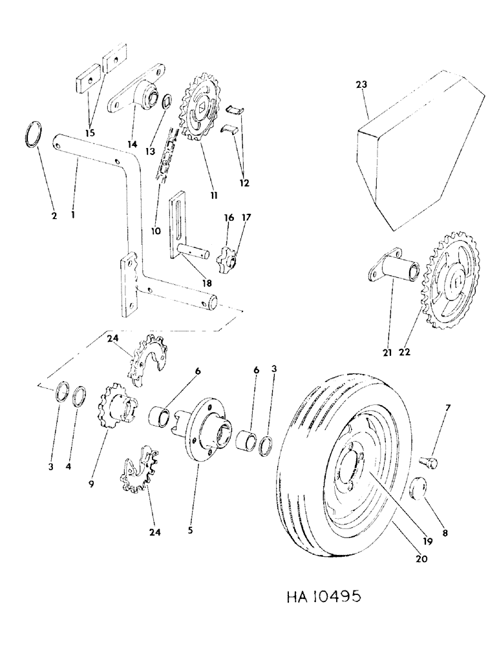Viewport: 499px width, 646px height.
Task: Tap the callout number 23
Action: pos(360,83)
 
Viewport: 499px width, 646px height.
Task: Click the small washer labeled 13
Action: pos(166,101)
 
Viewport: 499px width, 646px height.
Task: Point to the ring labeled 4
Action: pos(80,395)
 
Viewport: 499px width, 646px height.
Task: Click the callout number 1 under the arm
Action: pos(75,214)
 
